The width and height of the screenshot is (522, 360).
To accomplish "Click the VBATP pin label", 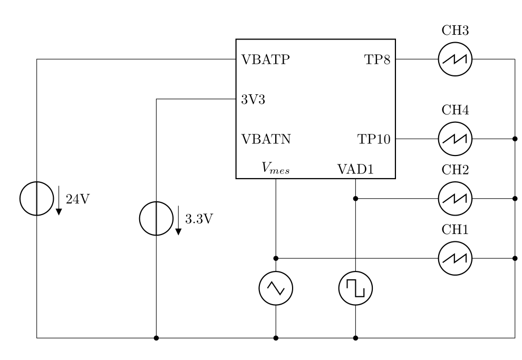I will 265,59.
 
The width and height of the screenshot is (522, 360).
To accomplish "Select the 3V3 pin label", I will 253,99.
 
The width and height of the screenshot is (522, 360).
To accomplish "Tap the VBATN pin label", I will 266,139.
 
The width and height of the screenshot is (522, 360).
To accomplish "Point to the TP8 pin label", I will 378,59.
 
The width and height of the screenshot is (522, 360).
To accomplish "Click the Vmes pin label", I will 276,168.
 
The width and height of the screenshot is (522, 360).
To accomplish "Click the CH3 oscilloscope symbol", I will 455,59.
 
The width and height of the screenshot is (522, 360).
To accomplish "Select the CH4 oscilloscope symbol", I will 455,139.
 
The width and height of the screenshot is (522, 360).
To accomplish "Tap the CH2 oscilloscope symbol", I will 455,199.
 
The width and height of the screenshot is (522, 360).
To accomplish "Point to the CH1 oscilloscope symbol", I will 455,258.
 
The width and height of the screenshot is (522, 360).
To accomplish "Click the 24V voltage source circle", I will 36,199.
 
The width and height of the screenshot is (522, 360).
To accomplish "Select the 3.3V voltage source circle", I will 156,219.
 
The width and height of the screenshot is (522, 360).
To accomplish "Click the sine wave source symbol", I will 276,288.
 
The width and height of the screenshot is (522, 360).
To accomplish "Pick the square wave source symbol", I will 356,288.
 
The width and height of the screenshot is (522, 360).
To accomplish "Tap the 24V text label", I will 76,199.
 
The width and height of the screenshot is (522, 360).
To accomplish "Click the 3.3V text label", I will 199,219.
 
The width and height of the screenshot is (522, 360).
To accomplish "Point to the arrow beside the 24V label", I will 59,200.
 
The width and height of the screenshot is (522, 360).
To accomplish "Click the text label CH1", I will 455,230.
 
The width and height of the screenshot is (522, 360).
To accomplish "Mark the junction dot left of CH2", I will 356,199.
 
